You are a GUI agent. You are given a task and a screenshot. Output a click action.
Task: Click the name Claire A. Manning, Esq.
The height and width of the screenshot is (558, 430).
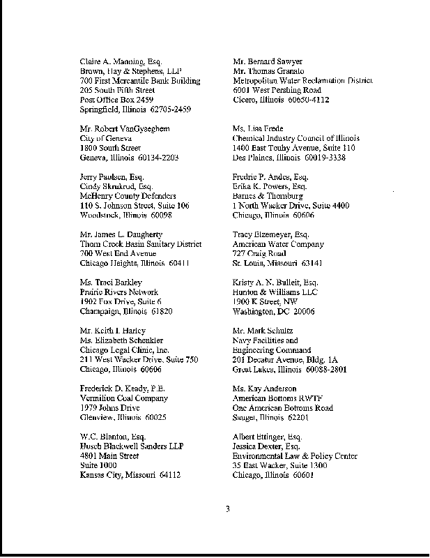[121, 61]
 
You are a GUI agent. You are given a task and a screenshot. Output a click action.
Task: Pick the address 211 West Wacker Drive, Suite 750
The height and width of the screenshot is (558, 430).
[139, 359]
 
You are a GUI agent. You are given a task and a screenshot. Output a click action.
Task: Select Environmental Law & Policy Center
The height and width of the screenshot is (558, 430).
[295, 455]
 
